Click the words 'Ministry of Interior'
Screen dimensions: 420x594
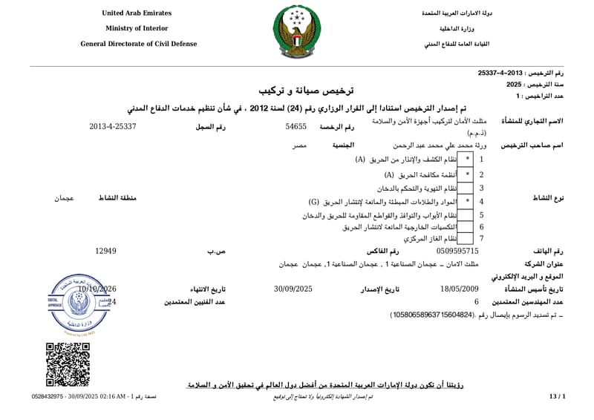click(137, 28)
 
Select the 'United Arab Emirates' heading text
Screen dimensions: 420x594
click(137, 13)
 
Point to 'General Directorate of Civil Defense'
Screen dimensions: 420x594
click(139, 44)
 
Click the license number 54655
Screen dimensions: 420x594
click(296, 127)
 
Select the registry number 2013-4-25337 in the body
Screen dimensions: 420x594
click(113, 127)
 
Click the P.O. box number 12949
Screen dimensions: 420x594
click(106, 252)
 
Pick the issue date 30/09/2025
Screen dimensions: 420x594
click(293, 289)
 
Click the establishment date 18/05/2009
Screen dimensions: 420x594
click(460, 289)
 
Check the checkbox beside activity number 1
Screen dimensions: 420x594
click(467, 160)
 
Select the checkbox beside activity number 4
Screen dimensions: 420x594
click(467, 201)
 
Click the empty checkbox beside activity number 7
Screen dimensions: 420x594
click(467, 239)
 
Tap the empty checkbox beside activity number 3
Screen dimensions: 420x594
click(467, 188)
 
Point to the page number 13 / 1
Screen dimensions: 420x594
click(557, 398)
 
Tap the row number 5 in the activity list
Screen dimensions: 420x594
click(482, 214)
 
